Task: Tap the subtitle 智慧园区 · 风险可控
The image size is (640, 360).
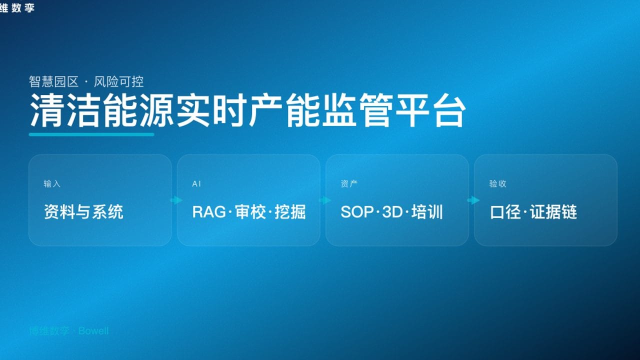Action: (x=86, y=81)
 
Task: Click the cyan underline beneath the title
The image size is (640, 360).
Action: (x=91, y=134)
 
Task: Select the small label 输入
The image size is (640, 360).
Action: (x=52, y=184)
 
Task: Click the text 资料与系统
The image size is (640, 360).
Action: (x=83, y=212)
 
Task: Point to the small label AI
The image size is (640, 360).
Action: (x=196, y=184)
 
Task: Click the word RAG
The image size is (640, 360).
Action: (x=209, y=212)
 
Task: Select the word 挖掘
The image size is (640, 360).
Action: (x=290, y=212)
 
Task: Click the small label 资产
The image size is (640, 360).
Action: (x=349, y=184)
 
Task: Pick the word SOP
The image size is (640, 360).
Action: (x=357, y=212)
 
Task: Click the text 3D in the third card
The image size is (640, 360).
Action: (x=392, y=212)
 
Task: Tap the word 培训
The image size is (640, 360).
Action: (x=427, y=212)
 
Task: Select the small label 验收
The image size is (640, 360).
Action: (x=497, y=184)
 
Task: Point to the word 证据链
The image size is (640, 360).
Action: (x=554, y=212)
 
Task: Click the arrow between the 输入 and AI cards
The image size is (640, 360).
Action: (x=176, y=200)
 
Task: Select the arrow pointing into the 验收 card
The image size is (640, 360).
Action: (x=473, y=200)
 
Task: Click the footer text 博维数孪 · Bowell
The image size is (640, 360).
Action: (x=69, y=331)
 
